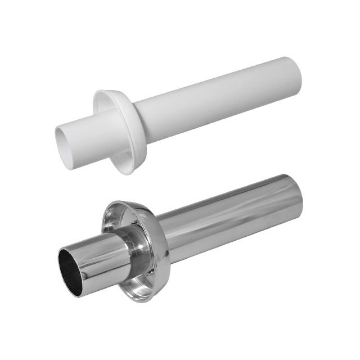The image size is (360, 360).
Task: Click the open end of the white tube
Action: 66,141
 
